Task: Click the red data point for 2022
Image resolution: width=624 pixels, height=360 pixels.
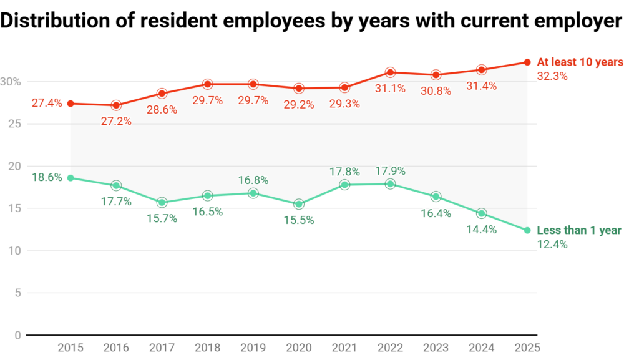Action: (x=390, y=72)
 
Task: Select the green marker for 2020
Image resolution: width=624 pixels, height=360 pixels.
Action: (x=299, y=204)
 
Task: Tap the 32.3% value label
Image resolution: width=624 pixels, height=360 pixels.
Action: (x=552, y=76)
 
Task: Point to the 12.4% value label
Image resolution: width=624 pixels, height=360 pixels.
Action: (x=552, y=245)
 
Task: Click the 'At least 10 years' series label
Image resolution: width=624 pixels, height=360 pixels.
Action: (x=580, y=62)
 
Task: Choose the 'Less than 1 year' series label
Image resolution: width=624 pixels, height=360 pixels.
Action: (x=579, y=230)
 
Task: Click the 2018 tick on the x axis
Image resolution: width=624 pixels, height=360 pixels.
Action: (x=207, y=347)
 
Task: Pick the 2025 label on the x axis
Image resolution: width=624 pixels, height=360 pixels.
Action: (x=527, y=347)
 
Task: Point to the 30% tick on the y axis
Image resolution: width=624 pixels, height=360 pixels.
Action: (x=11, y=82)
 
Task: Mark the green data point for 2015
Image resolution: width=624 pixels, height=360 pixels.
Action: (x=71, y=178)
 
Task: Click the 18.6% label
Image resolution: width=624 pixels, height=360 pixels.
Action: (x=47, y=177)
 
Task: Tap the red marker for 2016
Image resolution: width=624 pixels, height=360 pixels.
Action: (x=116, y=105)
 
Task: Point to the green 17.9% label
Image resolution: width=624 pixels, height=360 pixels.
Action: (x=390, y=170)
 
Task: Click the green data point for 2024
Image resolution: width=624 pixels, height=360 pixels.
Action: (x=481, y=213)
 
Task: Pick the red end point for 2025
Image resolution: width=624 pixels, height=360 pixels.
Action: (x=527, y=62)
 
